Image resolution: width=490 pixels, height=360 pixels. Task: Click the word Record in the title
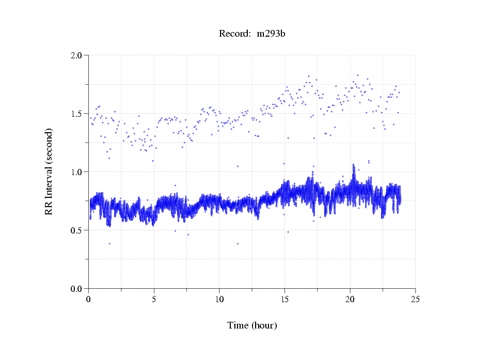pyautogui.click(x=233, y=34)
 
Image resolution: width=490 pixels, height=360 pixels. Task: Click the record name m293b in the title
pyautogui.click(x=271, y=34)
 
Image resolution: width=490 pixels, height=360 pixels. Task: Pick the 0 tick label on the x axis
pyautogui.click(x=89, y=299)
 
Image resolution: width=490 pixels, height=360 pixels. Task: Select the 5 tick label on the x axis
pyautogui.click(x=154, y=299)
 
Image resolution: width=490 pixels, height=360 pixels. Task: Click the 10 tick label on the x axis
pyautogui.click(x=219, y=299)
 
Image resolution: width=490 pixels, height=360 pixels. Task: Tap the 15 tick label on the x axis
pyautogui.click(x=284, y=299)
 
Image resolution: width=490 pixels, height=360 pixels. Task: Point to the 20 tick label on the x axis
pyautogui.click(x=350, y=299)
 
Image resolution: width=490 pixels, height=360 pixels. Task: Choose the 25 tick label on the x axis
pyautogui.click(x=415, y=299)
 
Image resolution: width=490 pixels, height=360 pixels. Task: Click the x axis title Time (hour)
pyautogui.click(x=252, y=326)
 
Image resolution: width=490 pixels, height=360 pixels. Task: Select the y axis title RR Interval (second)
pyautogui.click(x=49, y=171)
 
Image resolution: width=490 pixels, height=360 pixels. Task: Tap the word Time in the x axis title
pyautogui.click(x=238, y=326)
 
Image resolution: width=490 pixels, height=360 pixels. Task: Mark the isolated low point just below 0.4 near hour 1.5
pyautogui.click(x=109, y=244)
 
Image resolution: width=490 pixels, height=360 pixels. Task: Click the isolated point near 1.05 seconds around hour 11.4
pyautogui.click(x=238, y=166)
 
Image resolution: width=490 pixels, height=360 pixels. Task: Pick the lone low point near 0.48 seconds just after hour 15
pyautogui.click(x=288, y=232)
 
